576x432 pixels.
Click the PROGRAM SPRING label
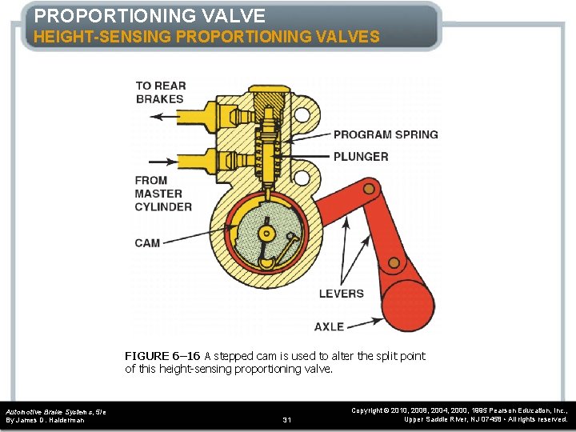pyautogui.click(x=386, y=134)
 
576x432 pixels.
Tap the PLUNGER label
pyautogui.click(x=361, y=157)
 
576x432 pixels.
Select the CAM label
pyautogui.click(x=147, y=243)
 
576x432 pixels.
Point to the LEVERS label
pyautogui.click(x=341, y=294)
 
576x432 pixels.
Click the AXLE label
pyautogui.click(x=329, y=326)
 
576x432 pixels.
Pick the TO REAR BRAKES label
pyautogui.click(x=160, y=92)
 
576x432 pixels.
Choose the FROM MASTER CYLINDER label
pyautogui.click(x=163, y=194)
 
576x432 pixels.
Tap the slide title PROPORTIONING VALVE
pyautogui.click(x=150, y=16)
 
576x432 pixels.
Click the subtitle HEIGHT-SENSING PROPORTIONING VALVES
pyautogui.click(x=206, y=37)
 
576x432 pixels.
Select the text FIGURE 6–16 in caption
pyautogui.click(x=162, y=356)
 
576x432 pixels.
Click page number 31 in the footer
pyautogui.click(x=288, y=419)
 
